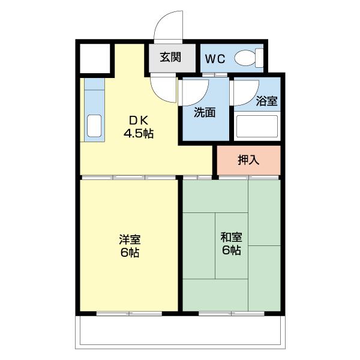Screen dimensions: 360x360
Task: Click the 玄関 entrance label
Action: pos(170,58)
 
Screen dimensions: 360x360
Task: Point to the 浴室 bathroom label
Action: pos(266,101)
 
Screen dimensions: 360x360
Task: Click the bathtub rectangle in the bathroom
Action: pos(257,127)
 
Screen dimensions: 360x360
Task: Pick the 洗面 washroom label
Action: pos(204,112)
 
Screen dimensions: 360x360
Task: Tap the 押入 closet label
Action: pos(248,160)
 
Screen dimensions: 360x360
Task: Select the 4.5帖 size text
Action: pos(139,133)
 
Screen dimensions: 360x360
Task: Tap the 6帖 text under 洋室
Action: pos(129,253)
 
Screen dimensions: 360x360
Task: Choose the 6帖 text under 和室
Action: pos(231,251)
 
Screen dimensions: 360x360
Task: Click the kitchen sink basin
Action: pos(95,127)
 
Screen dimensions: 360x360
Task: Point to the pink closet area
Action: pos(248,160)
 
